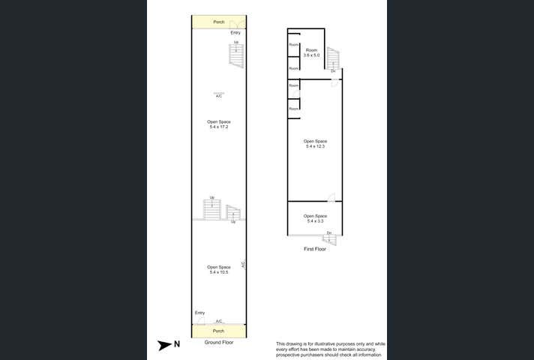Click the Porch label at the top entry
click(219, 22)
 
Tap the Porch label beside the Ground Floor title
click(219, 331)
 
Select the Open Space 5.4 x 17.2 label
click(219, 124)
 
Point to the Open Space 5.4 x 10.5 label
click(219, 269)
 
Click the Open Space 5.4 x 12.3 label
click(315, 144)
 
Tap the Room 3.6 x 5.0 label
click(311, 52)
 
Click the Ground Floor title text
click(219, 343)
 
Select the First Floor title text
click(314, 249)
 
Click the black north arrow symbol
click(163, 345)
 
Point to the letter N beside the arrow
click(177, 345)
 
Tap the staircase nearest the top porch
click(236, 54)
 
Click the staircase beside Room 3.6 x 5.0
click(333, 58)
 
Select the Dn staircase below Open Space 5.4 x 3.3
click(329, 239)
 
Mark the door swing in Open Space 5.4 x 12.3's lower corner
click(331, 197)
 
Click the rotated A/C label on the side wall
click(243, 265)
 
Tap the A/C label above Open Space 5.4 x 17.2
click(219, 96)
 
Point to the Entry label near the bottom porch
click(199, 313)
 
